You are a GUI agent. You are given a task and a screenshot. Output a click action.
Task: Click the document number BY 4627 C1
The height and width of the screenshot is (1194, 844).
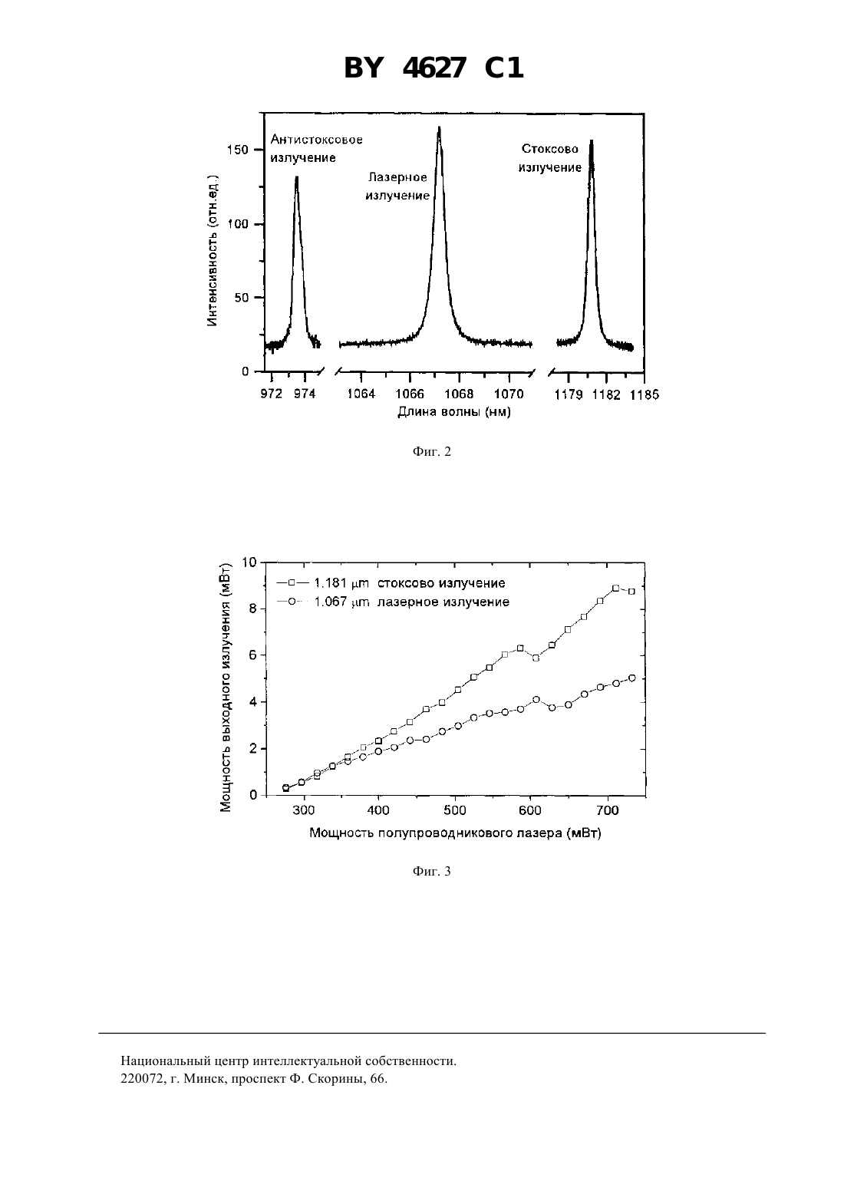[x=434, y=68]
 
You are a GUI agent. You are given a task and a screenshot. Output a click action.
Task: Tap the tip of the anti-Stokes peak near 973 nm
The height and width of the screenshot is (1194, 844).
[x=296, y=177]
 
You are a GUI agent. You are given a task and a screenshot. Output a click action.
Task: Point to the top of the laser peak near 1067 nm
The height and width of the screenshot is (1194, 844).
[x=439, y=127]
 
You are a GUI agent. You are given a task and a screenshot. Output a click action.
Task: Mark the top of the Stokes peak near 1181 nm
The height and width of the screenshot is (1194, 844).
[x=591, y=140]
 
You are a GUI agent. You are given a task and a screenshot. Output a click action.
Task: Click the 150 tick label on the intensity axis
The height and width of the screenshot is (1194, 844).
[x=238, y=150]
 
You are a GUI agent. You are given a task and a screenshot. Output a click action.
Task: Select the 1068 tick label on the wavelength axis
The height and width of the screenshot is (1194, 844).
[x=459, y=394]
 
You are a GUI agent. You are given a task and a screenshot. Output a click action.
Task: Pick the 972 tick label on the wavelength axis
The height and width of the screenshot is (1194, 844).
[x=271, y=394]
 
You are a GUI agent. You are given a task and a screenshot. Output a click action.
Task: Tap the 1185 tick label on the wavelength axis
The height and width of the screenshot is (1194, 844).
[x=645, y=394]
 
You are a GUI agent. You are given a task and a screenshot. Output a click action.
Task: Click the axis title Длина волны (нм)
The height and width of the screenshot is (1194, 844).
[x=454, y=412]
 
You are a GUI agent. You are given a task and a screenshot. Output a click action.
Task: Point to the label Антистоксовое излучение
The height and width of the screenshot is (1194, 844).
[x=316, y=149]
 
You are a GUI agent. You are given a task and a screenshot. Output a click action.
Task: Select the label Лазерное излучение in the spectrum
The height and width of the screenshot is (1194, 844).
[x=397, y=186]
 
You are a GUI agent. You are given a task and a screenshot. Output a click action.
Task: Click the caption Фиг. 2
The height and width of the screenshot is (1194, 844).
[x=431, y=451]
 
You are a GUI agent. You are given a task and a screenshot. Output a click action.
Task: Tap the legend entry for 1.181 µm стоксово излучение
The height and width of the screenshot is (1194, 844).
[x=391, y=583]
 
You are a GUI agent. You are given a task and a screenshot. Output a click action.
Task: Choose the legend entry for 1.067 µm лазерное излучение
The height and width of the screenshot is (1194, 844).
[x=393, y=602]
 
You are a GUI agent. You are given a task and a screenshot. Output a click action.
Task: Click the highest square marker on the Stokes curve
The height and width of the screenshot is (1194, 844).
[x=615, y=588]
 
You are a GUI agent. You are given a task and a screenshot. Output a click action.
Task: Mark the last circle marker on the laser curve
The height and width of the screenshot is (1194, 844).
[x=632, y=678]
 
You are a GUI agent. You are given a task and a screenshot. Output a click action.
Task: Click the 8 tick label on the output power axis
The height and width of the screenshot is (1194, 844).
[x=252, y=609]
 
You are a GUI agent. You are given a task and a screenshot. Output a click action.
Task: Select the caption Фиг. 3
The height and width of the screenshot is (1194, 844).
[x=431, y=872]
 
